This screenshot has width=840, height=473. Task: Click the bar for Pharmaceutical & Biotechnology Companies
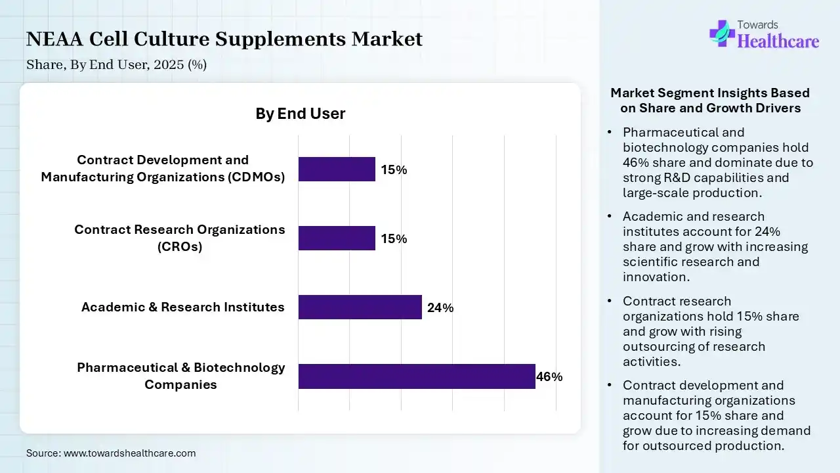coord(417,376)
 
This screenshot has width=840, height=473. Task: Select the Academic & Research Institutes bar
coord(360,307)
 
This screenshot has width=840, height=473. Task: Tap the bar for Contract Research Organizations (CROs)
coord(337,238)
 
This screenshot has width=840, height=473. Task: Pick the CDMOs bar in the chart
coord(337,169)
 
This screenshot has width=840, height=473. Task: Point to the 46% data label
coord(549,377)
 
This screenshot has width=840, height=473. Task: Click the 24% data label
coord(440,307)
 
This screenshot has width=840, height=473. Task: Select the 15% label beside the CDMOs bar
coord(394,169)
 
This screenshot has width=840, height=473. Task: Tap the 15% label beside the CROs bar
coord(394,238)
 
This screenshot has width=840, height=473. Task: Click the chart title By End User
coord(300,114)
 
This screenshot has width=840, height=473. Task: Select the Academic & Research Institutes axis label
coord(182,307)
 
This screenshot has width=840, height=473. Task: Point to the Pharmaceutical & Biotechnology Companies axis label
coord(180,376)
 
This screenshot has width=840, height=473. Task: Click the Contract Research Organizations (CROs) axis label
coord(179,238)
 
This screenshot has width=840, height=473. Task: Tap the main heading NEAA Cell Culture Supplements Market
coord(224,39)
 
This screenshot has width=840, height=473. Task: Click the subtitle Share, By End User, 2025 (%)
coord(116,65)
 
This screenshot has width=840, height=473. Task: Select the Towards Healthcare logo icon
coord(722,32)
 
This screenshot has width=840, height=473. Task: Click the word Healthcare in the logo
coord(778,41)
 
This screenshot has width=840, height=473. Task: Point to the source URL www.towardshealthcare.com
coord(129,453)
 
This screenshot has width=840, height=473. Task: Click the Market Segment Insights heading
coord(710,101)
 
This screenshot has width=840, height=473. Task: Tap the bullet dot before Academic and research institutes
coord(610,217)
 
